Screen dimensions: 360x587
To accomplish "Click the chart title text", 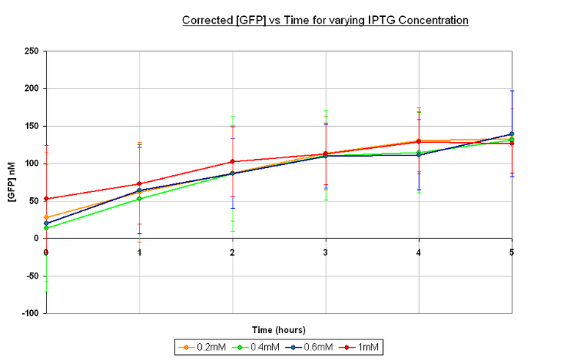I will pos(325,21).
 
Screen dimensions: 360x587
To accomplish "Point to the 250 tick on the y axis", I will pos(32,51).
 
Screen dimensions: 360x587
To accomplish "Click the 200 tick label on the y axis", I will pos(32,88).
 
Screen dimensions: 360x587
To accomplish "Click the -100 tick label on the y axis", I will pos(30,313).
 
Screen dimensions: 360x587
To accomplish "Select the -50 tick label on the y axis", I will pos(32,276).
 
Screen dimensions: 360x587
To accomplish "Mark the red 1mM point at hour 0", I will pos(46,199).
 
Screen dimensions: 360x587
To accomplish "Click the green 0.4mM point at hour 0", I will pos(46,228).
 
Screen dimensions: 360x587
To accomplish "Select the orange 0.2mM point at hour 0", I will pos(46,217).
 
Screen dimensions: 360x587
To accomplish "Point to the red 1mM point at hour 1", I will pos(139,184).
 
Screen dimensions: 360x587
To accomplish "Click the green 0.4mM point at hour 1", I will pos(139,199).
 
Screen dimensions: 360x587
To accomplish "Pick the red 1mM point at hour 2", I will pos(233,161).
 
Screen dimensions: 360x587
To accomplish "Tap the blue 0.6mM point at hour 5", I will pos(512,134).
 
